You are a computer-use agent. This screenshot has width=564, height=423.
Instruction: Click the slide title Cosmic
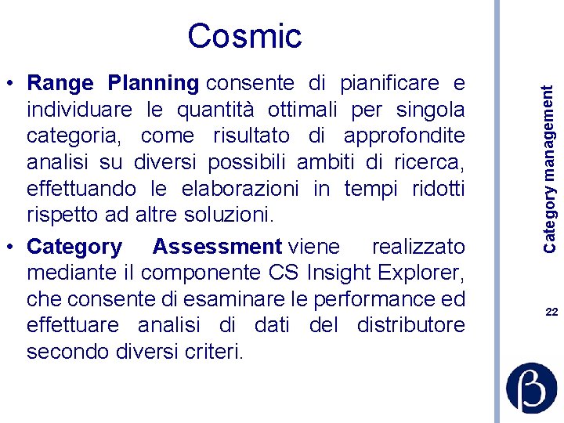(244, 36)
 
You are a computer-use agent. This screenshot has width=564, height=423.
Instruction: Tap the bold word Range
(60, 83)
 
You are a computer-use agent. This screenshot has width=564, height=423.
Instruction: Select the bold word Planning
(154, 83)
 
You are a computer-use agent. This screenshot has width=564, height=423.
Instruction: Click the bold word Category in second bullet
(74, 247)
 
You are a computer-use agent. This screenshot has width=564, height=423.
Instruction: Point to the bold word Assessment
(217, 247)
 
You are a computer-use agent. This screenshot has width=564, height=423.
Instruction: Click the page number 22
(551, 312)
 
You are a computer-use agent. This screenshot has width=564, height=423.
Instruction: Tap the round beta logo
(532, 387)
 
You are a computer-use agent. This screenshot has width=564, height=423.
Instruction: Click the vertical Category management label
(551, 168)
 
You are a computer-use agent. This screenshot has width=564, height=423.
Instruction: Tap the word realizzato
(418, 247)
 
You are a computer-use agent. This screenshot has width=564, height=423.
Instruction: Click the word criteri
(218, 352)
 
